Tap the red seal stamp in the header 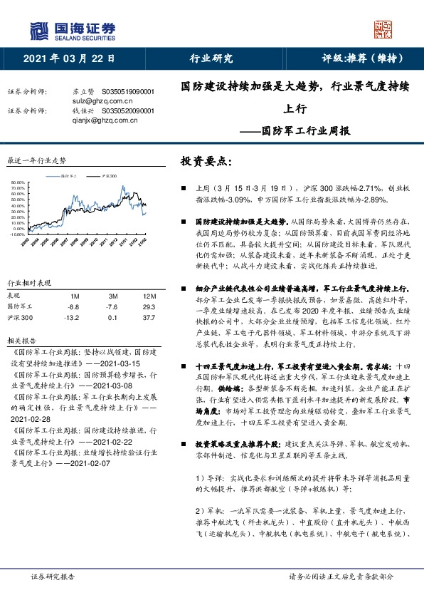point(383,29)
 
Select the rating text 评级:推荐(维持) point(364,59)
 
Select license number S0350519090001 point(129,92)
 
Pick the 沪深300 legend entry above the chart point(106,175)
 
